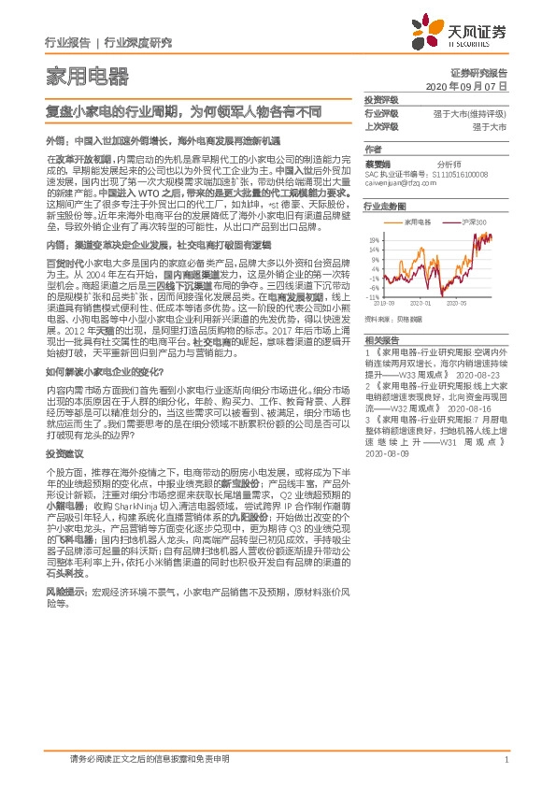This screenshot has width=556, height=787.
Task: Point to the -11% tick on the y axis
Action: [x=371, y=296]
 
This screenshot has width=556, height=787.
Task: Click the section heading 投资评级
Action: [x=380, y=99]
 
